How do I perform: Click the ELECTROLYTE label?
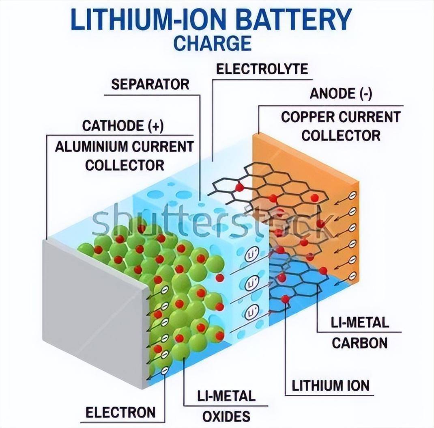[x=262, y=69]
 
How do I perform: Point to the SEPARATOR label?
[x=150, y=84]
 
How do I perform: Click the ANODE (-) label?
[x=341, y=94]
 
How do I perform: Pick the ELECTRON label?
[x=120, y=413]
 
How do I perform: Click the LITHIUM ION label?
[x=331, y=385]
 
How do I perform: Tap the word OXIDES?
[x=226, y=416]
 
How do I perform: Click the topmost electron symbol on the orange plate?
[x=352, y=195]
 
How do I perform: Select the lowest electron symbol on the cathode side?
[x=164, y=370]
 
